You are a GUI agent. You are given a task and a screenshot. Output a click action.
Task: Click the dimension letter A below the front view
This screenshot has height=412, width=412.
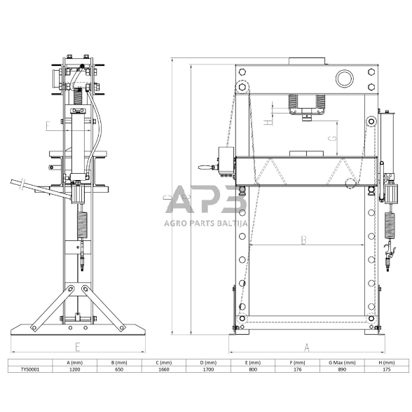tap(305, 347)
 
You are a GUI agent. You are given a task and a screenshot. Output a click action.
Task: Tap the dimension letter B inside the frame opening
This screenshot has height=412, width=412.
tap(303, 240)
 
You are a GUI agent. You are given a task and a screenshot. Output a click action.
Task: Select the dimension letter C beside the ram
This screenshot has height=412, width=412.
tap(334, 139)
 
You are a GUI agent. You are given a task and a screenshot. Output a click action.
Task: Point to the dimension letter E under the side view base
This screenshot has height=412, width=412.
tap(77, 346)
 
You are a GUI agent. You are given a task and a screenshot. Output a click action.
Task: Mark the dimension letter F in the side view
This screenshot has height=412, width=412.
tap(48, 127)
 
